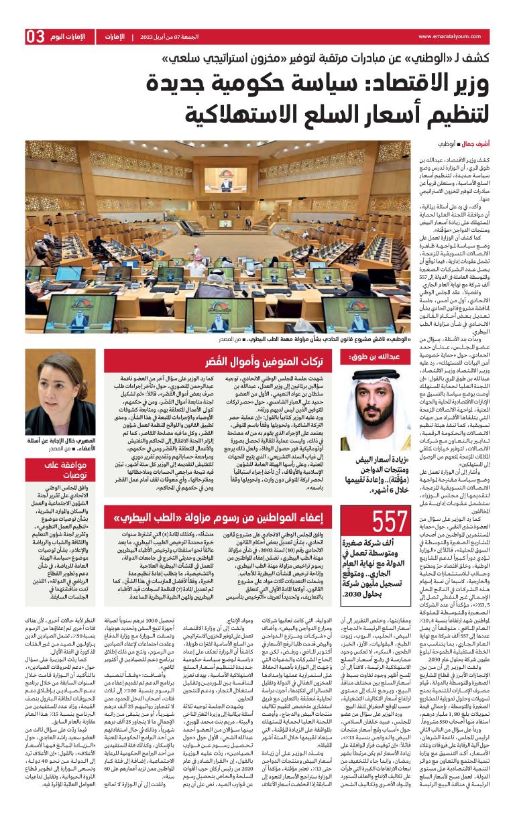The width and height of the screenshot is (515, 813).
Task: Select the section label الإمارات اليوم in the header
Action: click(72, 37)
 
